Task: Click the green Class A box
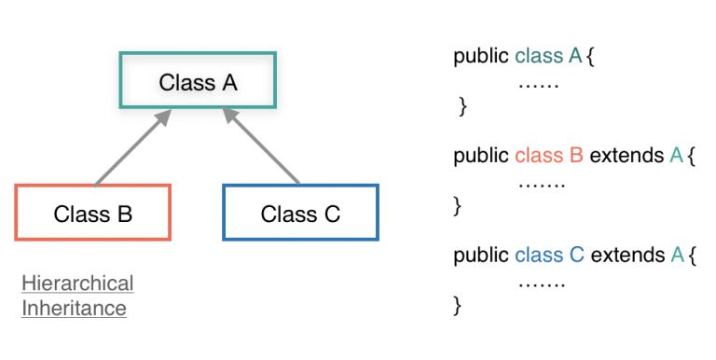tap(198, 82)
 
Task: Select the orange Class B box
tap(93, 214)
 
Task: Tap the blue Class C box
tap(300, 214)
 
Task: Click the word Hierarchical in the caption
tap(77, 284)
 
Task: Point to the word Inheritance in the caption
tap(74, 308)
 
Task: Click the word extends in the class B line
tap(626, 155)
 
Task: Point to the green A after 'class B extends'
tap(676, 155)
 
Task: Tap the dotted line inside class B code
tap(542, 183)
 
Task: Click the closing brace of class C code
tap(457, 305)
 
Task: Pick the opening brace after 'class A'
tap(590, 57)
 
